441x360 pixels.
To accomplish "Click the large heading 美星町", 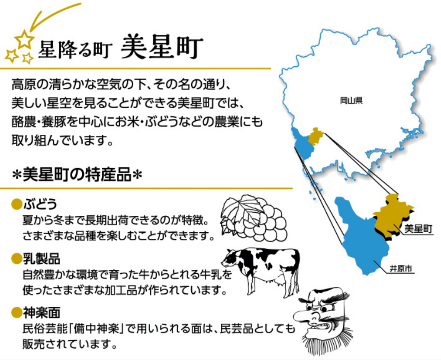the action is click(x=162, y=47).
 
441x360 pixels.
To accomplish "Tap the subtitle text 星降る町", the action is click(x=75, y=50).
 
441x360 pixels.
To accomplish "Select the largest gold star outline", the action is click(x=24, y=39).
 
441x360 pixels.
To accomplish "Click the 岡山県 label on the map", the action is click(x=351, y=100).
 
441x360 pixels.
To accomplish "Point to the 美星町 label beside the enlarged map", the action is click(x=418, y=229).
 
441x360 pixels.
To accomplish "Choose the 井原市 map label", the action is click(x=401, y=269).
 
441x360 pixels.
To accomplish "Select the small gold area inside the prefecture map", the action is click(x=315, y=136).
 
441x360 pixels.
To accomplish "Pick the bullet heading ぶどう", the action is click(x=40, y=204).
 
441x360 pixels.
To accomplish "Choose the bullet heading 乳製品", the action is click(x=42, y=258).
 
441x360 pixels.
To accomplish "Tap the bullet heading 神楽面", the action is click(x=42, y=312).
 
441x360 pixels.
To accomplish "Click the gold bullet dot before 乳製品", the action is click(x=16, y=258).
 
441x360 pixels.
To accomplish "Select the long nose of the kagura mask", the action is click(x=305, y=316).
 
